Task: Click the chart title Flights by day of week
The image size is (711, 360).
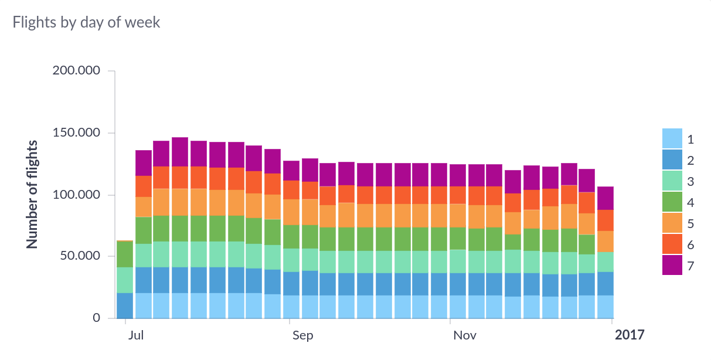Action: tap(86, 23)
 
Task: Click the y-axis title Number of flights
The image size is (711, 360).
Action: tap(33, 194)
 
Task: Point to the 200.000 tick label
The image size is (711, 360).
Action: tap(84, 71)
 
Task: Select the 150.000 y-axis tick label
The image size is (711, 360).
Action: tap(84, 133)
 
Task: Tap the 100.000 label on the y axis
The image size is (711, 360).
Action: tap(84, 195)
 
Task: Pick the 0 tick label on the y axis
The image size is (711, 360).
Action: tap(96, 318)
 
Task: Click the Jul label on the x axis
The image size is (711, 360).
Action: tap(136, 336)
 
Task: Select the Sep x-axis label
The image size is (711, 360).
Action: tap(303, 336)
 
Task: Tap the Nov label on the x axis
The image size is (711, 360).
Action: tap(465, 336)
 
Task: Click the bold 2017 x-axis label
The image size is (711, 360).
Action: tap(629, 335)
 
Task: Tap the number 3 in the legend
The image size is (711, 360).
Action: tap(690, 181)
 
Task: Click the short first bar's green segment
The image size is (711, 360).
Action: tap(124, 254)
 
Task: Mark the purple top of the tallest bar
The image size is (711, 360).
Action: tap(180, 152)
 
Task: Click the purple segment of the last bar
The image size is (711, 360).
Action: tap(605, 198)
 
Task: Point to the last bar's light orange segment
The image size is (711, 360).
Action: tap(605, 242)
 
